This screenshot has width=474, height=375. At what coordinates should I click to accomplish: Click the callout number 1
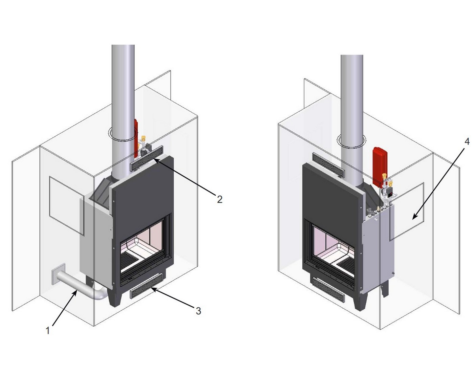[x=48, y=331]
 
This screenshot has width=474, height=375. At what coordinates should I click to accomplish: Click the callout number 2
[x=220, y=199]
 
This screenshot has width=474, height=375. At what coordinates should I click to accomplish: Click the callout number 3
[x=198, y=311]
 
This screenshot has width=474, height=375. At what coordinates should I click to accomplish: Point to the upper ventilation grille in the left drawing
[x=147, y=158]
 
